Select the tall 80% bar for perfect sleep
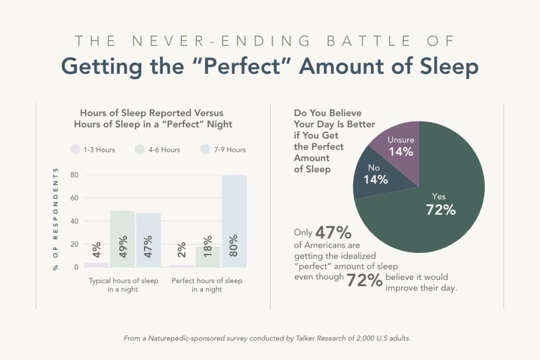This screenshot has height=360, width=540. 234,221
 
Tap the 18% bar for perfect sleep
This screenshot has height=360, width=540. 208,257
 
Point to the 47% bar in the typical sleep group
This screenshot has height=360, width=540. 148,240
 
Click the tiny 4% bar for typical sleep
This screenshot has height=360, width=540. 96,265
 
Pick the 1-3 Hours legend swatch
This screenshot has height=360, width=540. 75,149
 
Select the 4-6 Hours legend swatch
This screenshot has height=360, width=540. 140,149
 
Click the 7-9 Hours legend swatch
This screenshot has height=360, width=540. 206,149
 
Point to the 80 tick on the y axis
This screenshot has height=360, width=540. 74,175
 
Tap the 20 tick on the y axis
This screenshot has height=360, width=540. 74,244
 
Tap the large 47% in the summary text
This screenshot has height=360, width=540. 333,232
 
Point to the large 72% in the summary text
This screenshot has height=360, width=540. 364,281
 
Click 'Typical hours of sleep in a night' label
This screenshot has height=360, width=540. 123,285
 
